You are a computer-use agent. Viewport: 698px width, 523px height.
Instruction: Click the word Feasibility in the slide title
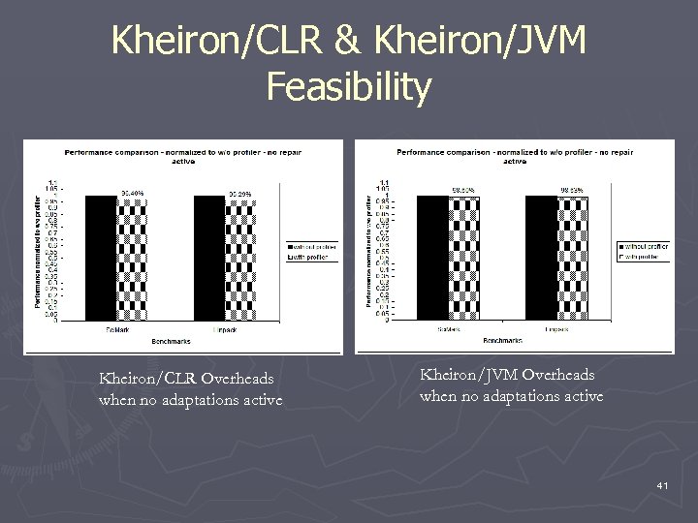click(x=349, y=87)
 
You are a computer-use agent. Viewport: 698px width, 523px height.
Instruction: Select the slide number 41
click(x=662, y=483)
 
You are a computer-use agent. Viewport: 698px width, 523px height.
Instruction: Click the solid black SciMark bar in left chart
click(x=101, y=257)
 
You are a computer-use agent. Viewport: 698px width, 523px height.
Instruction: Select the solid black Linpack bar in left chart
click(x=209, y=257)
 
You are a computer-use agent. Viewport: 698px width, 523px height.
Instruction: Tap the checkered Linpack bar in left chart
click(x=240, y=257)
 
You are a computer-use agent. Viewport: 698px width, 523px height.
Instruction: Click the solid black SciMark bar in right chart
click(x=433, y=257)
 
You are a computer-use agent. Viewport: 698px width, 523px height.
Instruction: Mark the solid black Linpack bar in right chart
click(x=541, y=257)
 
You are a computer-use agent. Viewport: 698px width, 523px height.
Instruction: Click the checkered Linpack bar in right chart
click(x=572, y=257)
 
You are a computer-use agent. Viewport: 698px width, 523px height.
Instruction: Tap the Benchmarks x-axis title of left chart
click(x=171, y=341)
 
